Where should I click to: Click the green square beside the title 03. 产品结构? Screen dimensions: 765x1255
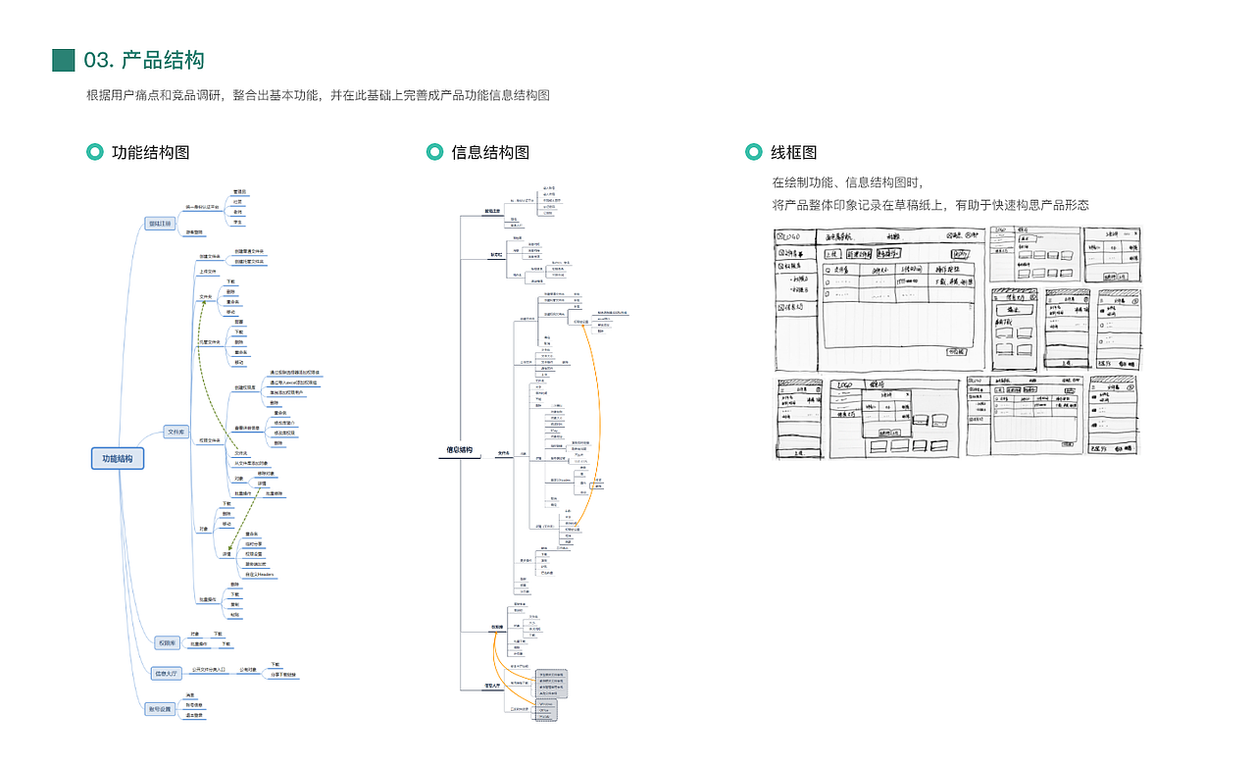(x=64, y=60)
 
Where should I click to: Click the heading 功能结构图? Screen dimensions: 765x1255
(x=150, y=152)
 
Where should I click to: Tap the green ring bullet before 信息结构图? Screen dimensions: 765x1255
(x=434, y=152)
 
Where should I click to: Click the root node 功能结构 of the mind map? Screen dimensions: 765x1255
(x=118, y=458)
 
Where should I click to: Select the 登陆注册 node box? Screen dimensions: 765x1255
(x=159, y=224)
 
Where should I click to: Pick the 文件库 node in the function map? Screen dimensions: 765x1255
(x=176, y=432)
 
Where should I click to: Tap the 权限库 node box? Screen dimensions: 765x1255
(x=169, y=643)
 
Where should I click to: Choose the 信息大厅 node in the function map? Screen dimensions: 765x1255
(x=167, y=674)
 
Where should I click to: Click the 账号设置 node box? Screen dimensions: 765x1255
(x=160, y=708)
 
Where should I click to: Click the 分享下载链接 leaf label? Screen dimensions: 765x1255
(x=283, y=675)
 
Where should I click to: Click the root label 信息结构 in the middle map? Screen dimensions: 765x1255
(x=460, y=451)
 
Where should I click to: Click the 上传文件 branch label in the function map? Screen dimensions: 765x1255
(x=209, y=271)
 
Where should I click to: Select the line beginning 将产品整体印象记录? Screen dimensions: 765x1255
(x=930, y=205)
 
